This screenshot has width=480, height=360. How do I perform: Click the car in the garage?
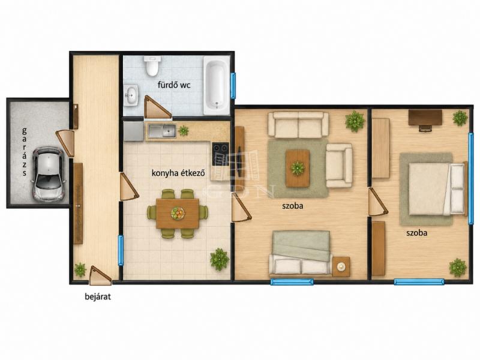(x=49, y=174)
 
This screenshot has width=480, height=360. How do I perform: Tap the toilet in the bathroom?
(x=152, y=65)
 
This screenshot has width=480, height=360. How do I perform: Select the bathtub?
(x=217, y=86)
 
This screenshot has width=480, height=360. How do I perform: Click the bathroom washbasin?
(x=131, y=95)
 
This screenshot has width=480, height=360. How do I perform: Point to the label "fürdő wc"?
(x=174, y=85)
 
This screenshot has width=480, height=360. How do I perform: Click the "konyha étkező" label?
(x=178, y=173)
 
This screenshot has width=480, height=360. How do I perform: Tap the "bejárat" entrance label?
(x=98, y=296)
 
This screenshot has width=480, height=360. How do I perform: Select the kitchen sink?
(x=162, y=131)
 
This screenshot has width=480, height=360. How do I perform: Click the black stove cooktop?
(x=221, y=150)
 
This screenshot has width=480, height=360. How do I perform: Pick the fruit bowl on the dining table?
(x=178, y=212)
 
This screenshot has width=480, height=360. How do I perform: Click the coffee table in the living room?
(x=297, y=168)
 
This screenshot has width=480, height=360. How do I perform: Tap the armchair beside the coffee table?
(x=339, y=166)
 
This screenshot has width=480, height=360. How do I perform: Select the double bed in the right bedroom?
(x=437, y=189)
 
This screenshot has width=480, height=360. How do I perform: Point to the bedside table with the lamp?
(x=341, y=266)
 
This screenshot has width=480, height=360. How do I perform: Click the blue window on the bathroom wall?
(x=233, y=85)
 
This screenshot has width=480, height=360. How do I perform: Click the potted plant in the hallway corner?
(x=80, y=269)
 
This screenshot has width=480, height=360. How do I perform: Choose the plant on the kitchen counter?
(x=184, y=131)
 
